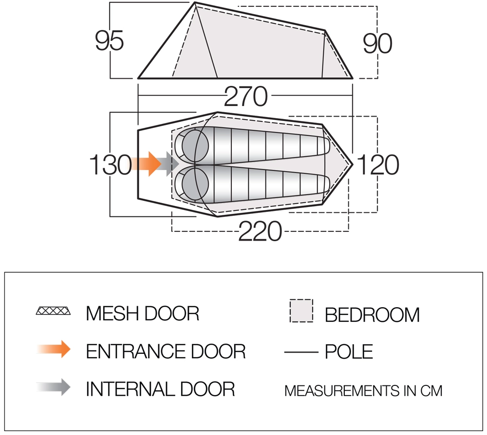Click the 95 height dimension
pos(109,41)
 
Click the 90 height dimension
pos(377,43)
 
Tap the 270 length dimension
pos(245,96)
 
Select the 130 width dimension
pos(110,165)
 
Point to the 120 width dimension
pos(378,164)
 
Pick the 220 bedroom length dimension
pos(260,231)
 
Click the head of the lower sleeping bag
pos(195,184)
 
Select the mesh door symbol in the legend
pos(53,311)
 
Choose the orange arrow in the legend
pos(54,349)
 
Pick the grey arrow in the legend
pos(54,387)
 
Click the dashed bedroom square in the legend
pos(301,311)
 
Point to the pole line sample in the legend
pos(301,352)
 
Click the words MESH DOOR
pos(143,313)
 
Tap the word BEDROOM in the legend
pos(372,314)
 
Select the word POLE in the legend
pos(349,351)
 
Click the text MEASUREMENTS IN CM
pos(363,391)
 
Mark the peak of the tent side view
pos(195,2)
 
